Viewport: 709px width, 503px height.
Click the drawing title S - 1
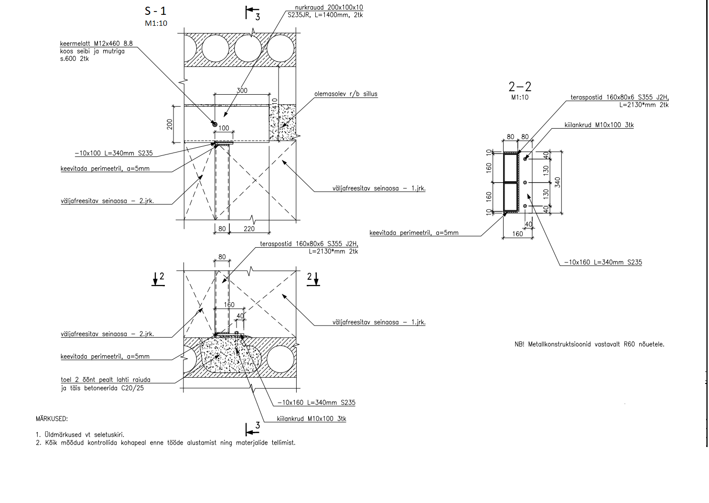tap(155, 11)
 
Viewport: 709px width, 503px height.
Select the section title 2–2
tap(520, 87)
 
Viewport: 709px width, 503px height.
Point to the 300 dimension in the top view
tap(242, 90)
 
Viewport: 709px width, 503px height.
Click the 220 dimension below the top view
tap(249, 229)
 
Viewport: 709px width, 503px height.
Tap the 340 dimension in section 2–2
tap(558, 182)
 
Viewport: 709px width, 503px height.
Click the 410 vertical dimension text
tap(274, 104)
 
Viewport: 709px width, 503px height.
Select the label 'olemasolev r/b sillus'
tap(345, 94)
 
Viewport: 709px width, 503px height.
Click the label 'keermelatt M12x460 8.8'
tap(96, 44)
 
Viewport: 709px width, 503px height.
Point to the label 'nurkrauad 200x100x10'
tap(329, 7)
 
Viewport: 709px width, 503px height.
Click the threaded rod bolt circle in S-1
tap(215, 124)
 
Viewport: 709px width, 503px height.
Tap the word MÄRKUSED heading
tap(52, 418)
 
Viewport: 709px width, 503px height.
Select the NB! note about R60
tap(590, 344)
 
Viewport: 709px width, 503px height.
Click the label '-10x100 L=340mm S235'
tap(114, 153)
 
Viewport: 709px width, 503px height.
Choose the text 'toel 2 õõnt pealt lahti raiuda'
tap(106, 380)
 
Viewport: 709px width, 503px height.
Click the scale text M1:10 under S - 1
tap(156, 23)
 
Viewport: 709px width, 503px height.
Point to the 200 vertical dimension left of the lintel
tap(170, 124)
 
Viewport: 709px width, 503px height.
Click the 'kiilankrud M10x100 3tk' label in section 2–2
tap(599, 125)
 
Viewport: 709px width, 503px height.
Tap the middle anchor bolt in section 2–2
tap(525, 183)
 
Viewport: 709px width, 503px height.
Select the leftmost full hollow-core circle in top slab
tap(215, 48)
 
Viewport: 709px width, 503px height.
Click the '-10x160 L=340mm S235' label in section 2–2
tap(603, 262)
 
